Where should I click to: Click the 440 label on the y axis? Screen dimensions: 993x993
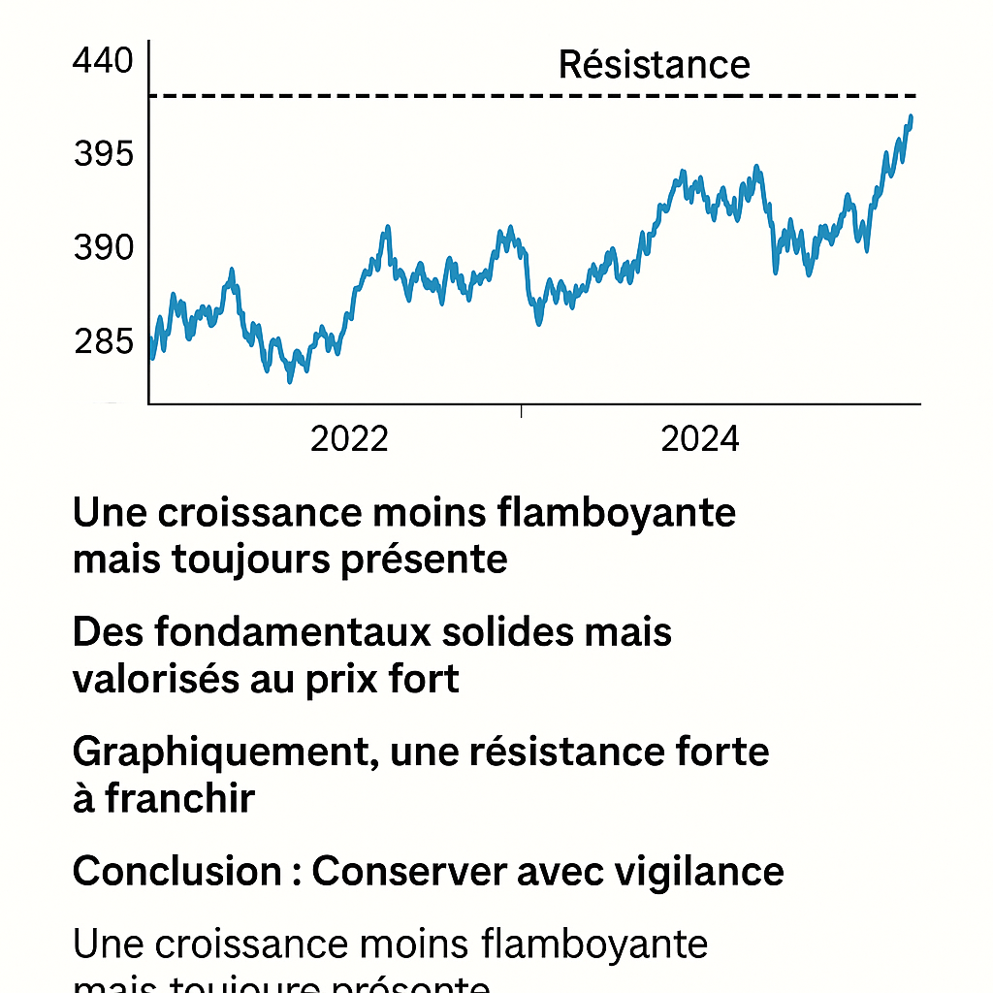tap(102, 61)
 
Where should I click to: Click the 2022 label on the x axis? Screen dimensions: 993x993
tap(349, 439)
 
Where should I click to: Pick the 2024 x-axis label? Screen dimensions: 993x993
tap(699, 439)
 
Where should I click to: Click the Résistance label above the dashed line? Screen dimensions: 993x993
tap(655, 65)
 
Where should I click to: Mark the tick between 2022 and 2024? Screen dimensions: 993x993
tap(521, 411)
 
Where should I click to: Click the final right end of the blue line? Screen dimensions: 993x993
tap(911, 117)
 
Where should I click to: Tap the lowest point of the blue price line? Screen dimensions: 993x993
tap(289, 380)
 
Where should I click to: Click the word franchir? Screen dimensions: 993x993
tap(180, 799)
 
